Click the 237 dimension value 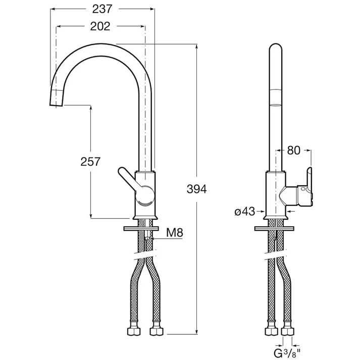102,9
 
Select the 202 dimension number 100,26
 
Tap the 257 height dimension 90,162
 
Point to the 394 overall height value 196,189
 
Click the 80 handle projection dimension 294,150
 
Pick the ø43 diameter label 245,212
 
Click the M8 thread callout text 175,233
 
